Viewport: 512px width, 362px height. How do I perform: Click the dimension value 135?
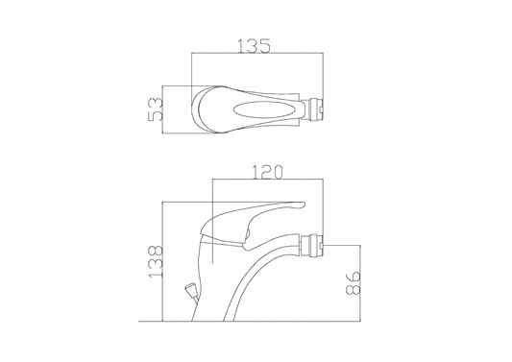[x=254, y=46]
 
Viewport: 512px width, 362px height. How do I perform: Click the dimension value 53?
[x=155, y=109]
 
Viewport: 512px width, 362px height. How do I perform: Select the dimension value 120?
[x=268, y=172]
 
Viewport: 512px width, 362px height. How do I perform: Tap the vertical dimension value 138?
[x=155, y=262]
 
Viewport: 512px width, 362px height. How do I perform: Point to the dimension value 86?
[x=353, y=283]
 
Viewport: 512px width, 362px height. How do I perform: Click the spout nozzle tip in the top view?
[x=313, y=109]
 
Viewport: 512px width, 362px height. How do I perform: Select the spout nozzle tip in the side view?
[x=313, y=245]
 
